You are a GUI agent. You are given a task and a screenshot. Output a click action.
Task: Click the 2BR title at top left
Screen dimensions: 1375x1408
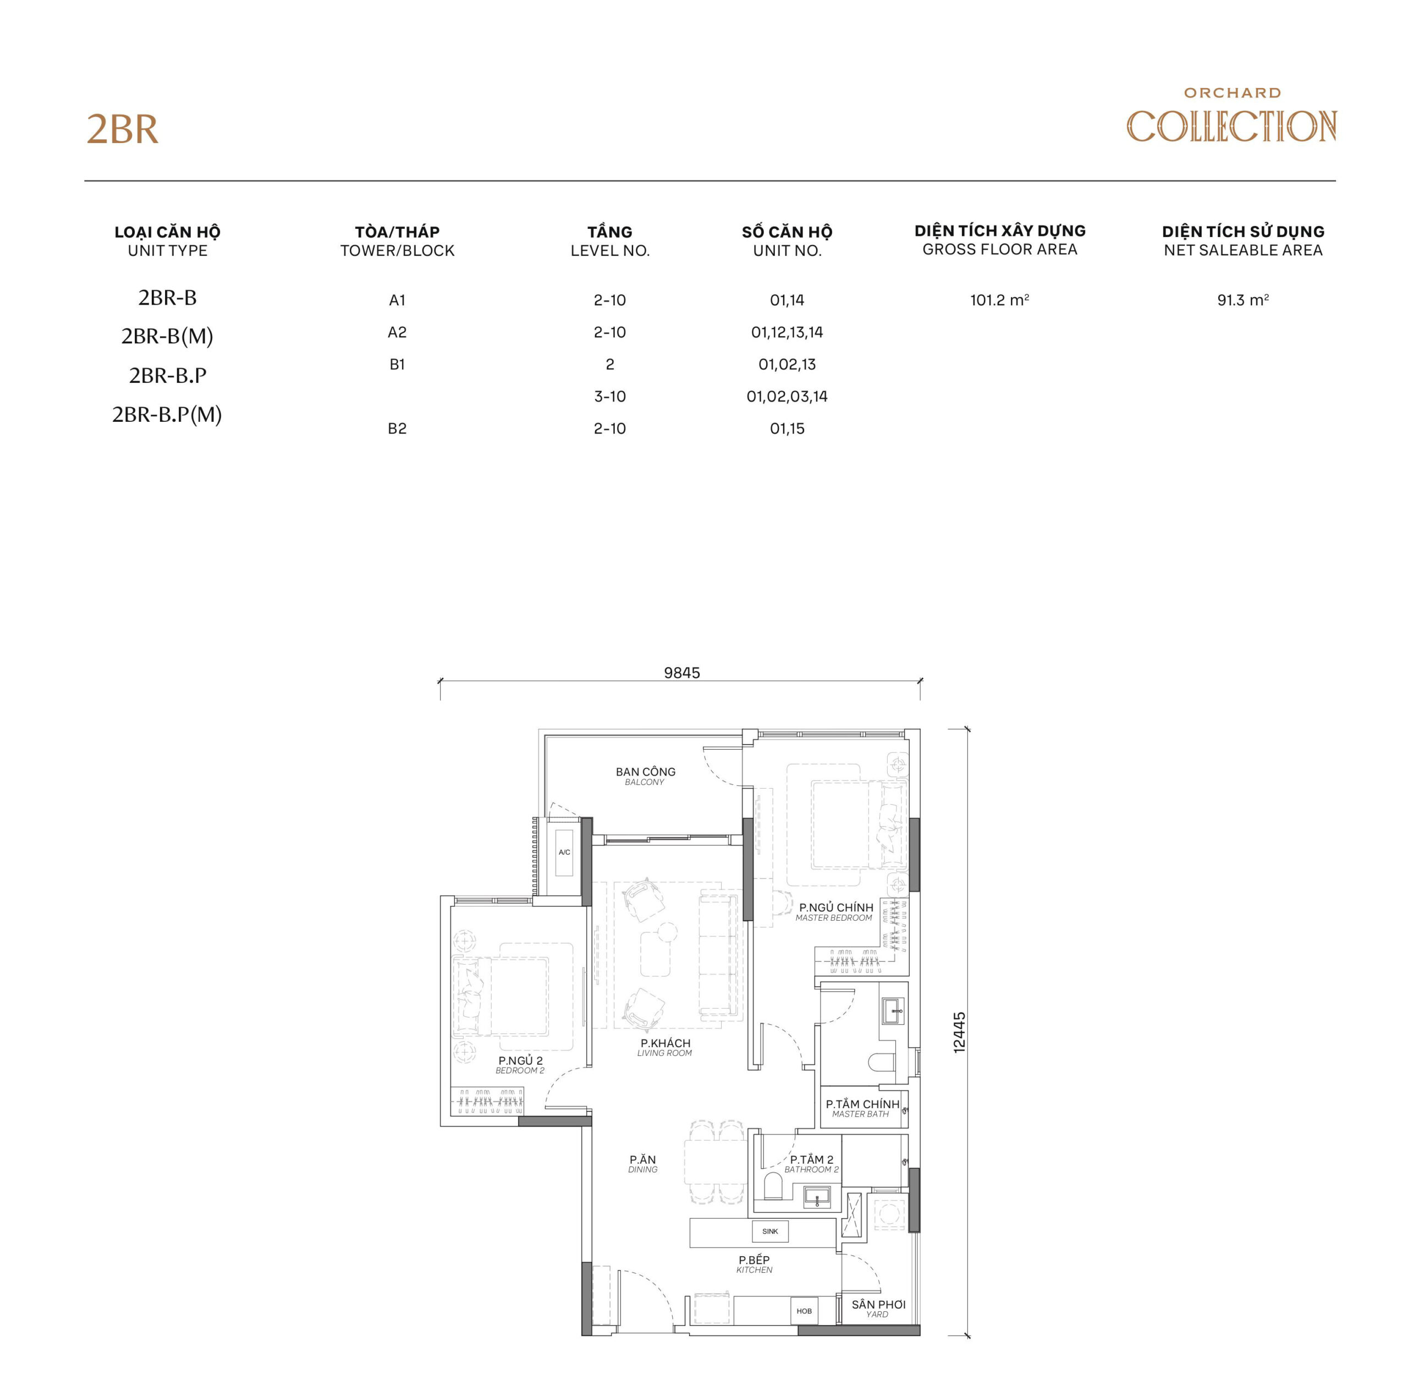[x=122, y=130]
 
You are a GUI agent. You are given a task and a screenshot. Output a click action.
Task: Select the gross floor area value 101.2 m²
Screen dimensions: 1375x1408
[x=999, y=300]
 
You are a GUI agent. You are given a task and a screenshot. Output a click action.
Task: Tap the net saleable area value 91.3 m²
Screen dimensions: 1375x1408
[x=1242, y=300]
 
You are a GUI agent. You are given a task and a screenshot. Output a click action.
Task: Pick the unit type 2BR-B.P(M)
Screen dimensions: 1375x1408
[x=167, y=415]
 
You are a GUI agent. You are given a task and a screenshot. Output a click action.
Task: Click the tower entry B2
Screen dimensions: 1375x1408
[x=397, y=428]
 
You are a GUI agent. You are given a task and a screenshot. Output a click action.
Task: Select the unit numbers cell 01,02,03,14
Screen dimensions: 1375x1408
[x=787, y=397]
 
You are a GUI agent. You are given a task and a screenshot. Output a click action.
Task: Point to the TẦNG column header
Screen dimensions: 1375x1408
[x=609, y=240]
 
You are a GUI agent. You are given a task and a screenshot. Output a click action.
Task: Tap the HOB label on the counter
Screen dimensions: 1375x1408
[x=804, y=1310]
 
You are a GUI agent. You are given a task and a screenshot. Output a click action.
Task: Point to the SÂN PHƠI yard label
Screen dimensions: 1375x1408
[x=877, y=1308]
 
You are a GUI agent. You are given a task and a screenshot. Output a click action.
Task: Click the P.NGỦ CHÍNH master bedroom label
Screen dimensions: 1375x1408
[x=835, y=911]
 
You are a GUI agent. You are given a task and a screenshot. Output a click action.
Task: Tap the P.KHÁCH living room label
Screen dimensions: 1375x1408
[x=664, y=1047]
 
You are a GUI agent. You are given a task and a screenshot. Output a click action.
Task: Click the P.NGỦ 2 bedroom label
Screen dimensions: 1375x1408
[x=520, y=1064]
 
